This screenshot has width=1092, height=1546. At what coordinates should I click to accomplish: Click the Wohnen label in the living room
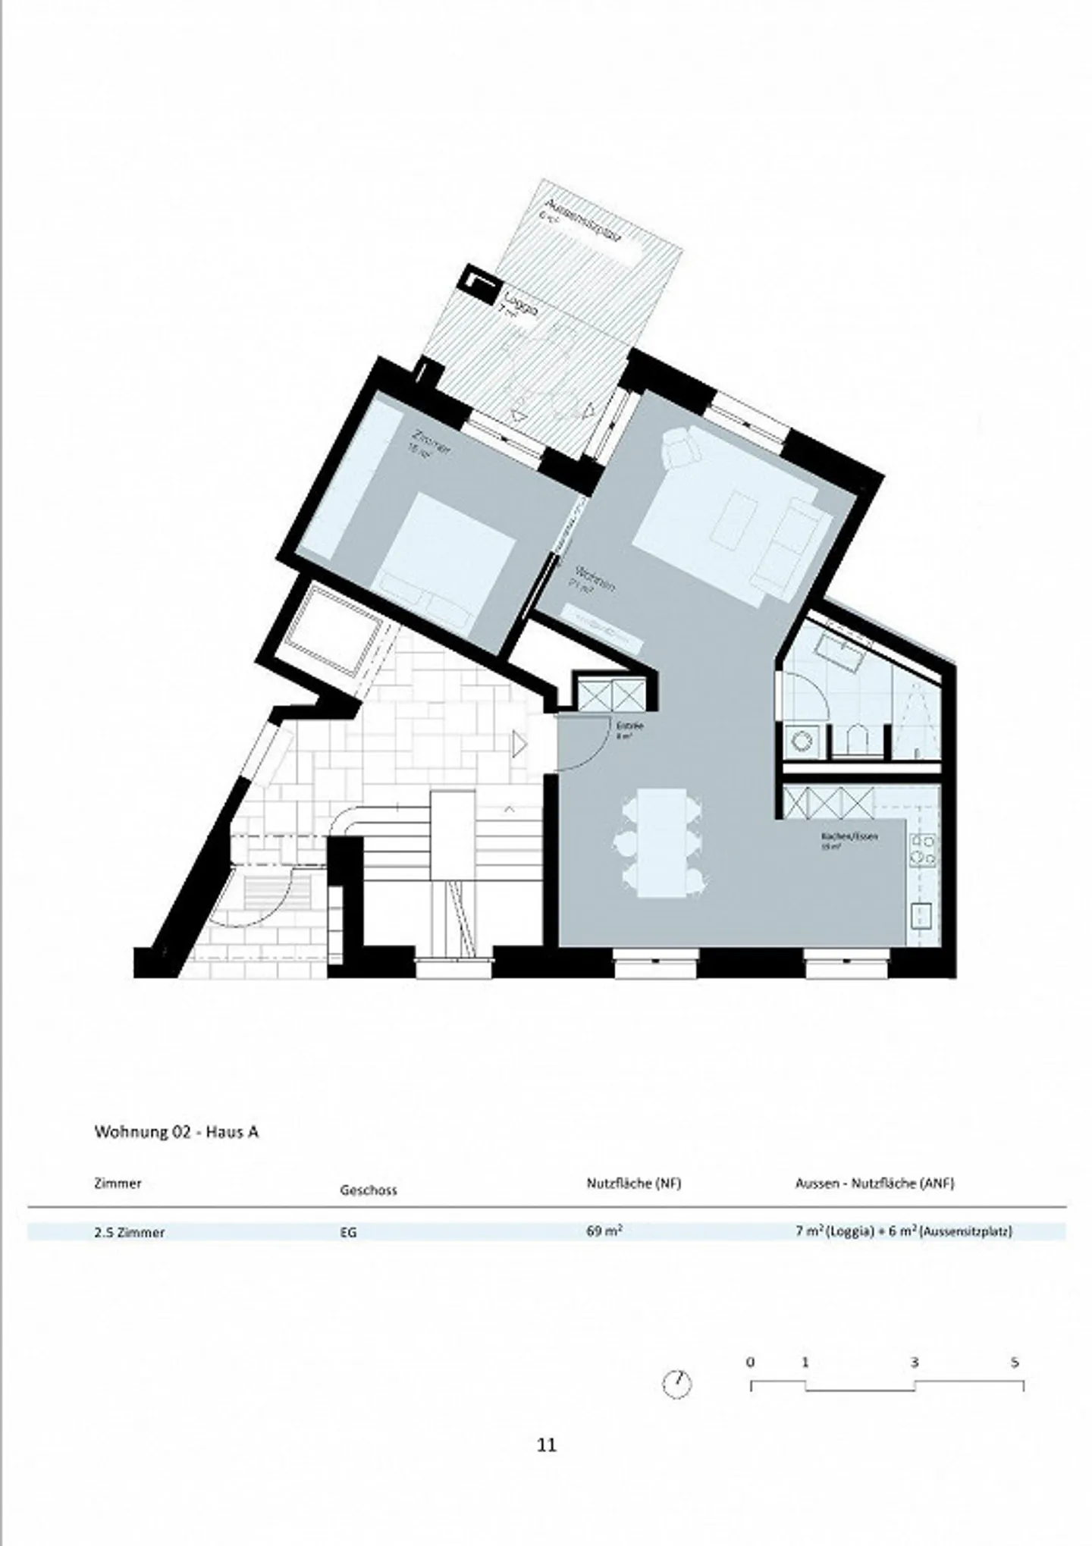point(594,580)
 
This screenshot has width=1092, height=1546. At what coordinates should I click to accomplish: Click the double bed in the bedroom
point(446,557)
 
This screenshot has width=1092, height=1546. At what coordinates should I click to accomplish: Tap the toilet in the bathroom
point(857,738)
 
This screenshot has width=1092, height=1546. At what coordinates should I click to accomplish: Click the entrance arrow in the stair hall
point(519,745)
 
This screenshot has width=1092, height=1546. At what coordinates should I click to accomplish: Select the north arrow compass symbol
point(677,1384)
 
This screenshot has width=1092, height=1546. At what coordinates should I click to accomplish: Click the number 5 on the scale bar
point(1015,1363)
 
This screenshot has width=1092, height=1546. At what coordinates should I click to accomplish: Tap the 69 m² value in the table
point(604,1231)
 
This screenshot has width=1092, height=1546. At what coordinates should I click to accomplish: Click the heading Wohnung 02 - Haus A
point(176,1132)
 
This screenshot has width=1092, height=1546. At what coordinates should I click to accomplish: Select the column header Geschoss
point(368,1190)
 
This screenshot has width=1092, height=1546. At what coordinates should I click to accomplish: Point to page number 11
point(546,1445)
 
